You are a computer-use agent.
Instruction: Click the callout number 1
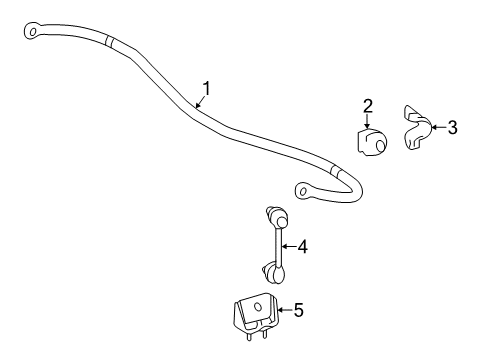tap(206, 88)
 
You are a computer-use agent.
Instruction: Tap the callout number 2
tap(368, 106)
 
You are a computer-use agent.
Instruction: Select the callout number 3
tap(452, 127)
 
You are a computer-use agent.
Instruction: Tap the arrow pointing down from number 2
tap(368, 125)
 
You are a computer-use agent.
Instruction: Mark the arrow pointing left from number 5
tap(279, 311)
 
